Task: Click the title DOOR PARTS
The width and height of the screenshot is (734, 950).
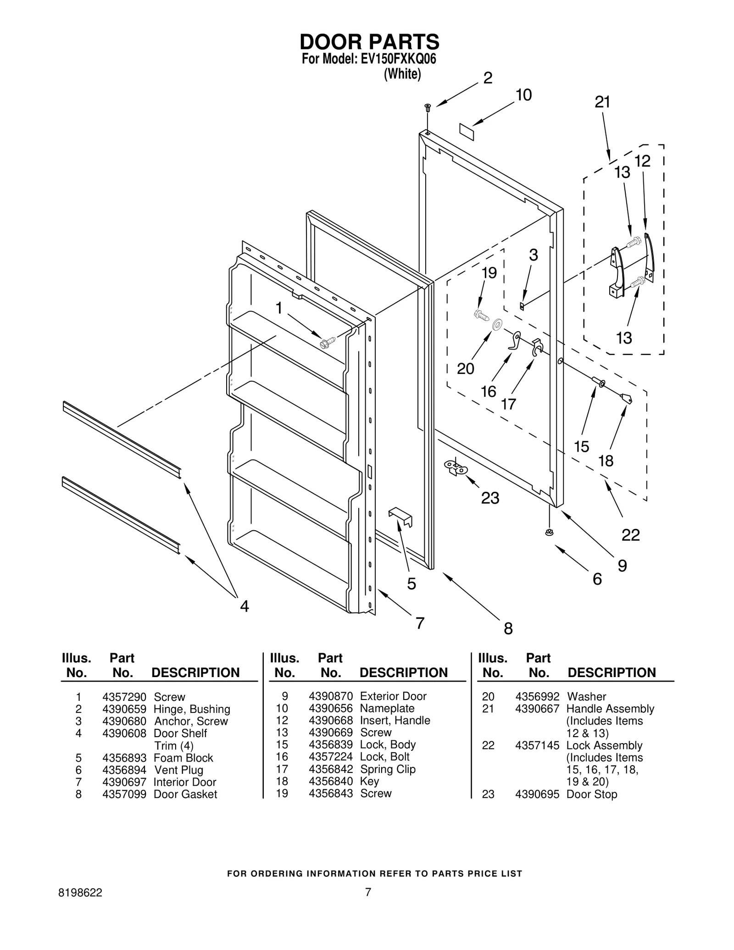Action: [x=369, y=42]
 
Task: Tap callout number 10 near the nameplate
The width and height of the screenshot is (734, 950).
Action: [x=523, y=95]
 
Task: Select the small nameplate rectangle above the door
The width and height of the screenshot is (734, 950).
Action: [x=466, y=130]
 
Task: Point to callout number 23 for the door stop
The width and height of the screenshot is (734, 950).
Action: [x=490, y=498]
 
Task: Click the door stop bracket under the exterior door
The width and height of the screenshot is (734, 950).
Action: [x=456, y=468]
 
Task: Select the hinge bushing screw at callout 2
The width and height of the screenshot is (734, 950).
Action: [x=428, y=107]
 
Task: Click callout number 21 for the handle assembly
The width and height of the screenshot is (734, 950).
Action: [x=602, y=102]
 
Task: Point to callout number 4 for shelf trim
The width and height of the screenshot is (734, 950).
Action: [x=245, y=606]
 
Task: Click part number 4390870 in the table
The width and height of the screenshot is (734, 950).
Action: [x=330, y=696]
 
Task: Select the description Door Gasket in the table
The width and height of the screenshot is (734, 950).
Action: [x=185, y=794]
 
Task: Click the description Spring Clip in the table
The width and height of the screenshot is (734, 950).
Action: [x=388, y=769]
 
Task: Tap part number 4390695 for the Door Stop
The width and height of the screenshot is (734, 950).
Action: [x=537, y=794]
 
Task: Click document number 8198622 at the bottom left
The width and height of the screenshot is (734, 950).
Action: [x=81, y=893]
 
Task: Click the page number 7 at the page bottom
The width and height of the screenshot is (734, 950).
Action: [x=367, y=892]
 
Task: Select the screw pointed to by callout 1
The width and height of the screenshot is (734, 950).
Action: [x=328, y=341]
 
